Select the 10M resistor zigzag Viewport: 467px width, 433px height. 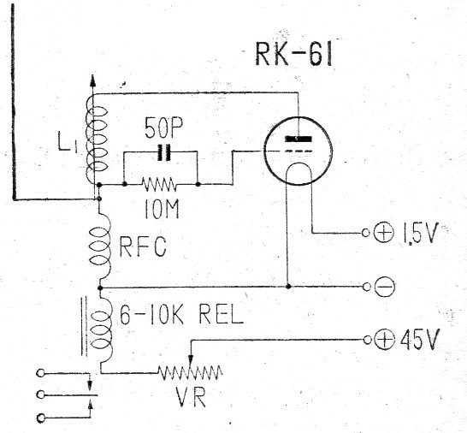click(160, 183)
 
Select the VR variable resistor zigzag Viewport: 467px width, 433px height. click(190, 372)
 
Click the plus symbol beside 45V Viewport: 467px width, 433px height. click(383, 340)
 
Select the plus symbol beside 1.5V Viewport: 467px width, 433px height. click(382, 234)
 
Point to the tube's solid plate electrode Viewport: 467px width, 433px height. click(295, 139)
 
